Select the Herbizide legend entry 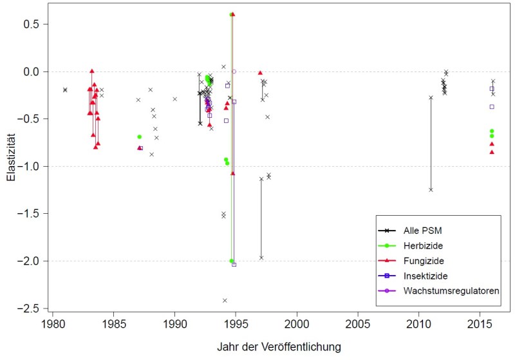pyautogui.click(x=424, y=245)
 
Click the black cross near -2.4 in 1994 pyautogui.click(x=225, y=300)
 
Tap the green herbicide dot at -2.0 pyautogui.click(x=231, y=261)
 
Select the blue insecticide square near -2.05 pyautogui.click(x=234, y=265)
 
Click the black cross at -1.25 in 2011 pyautogui.click(x=431, y=189)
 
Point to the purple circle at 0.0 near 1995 pyautogui.click(x=234, y=71)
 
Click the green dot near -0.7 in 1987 pyautogui.click(x=139, y=137)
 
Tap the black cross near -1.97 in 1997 pyautogui.click(x=261, y=258)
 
